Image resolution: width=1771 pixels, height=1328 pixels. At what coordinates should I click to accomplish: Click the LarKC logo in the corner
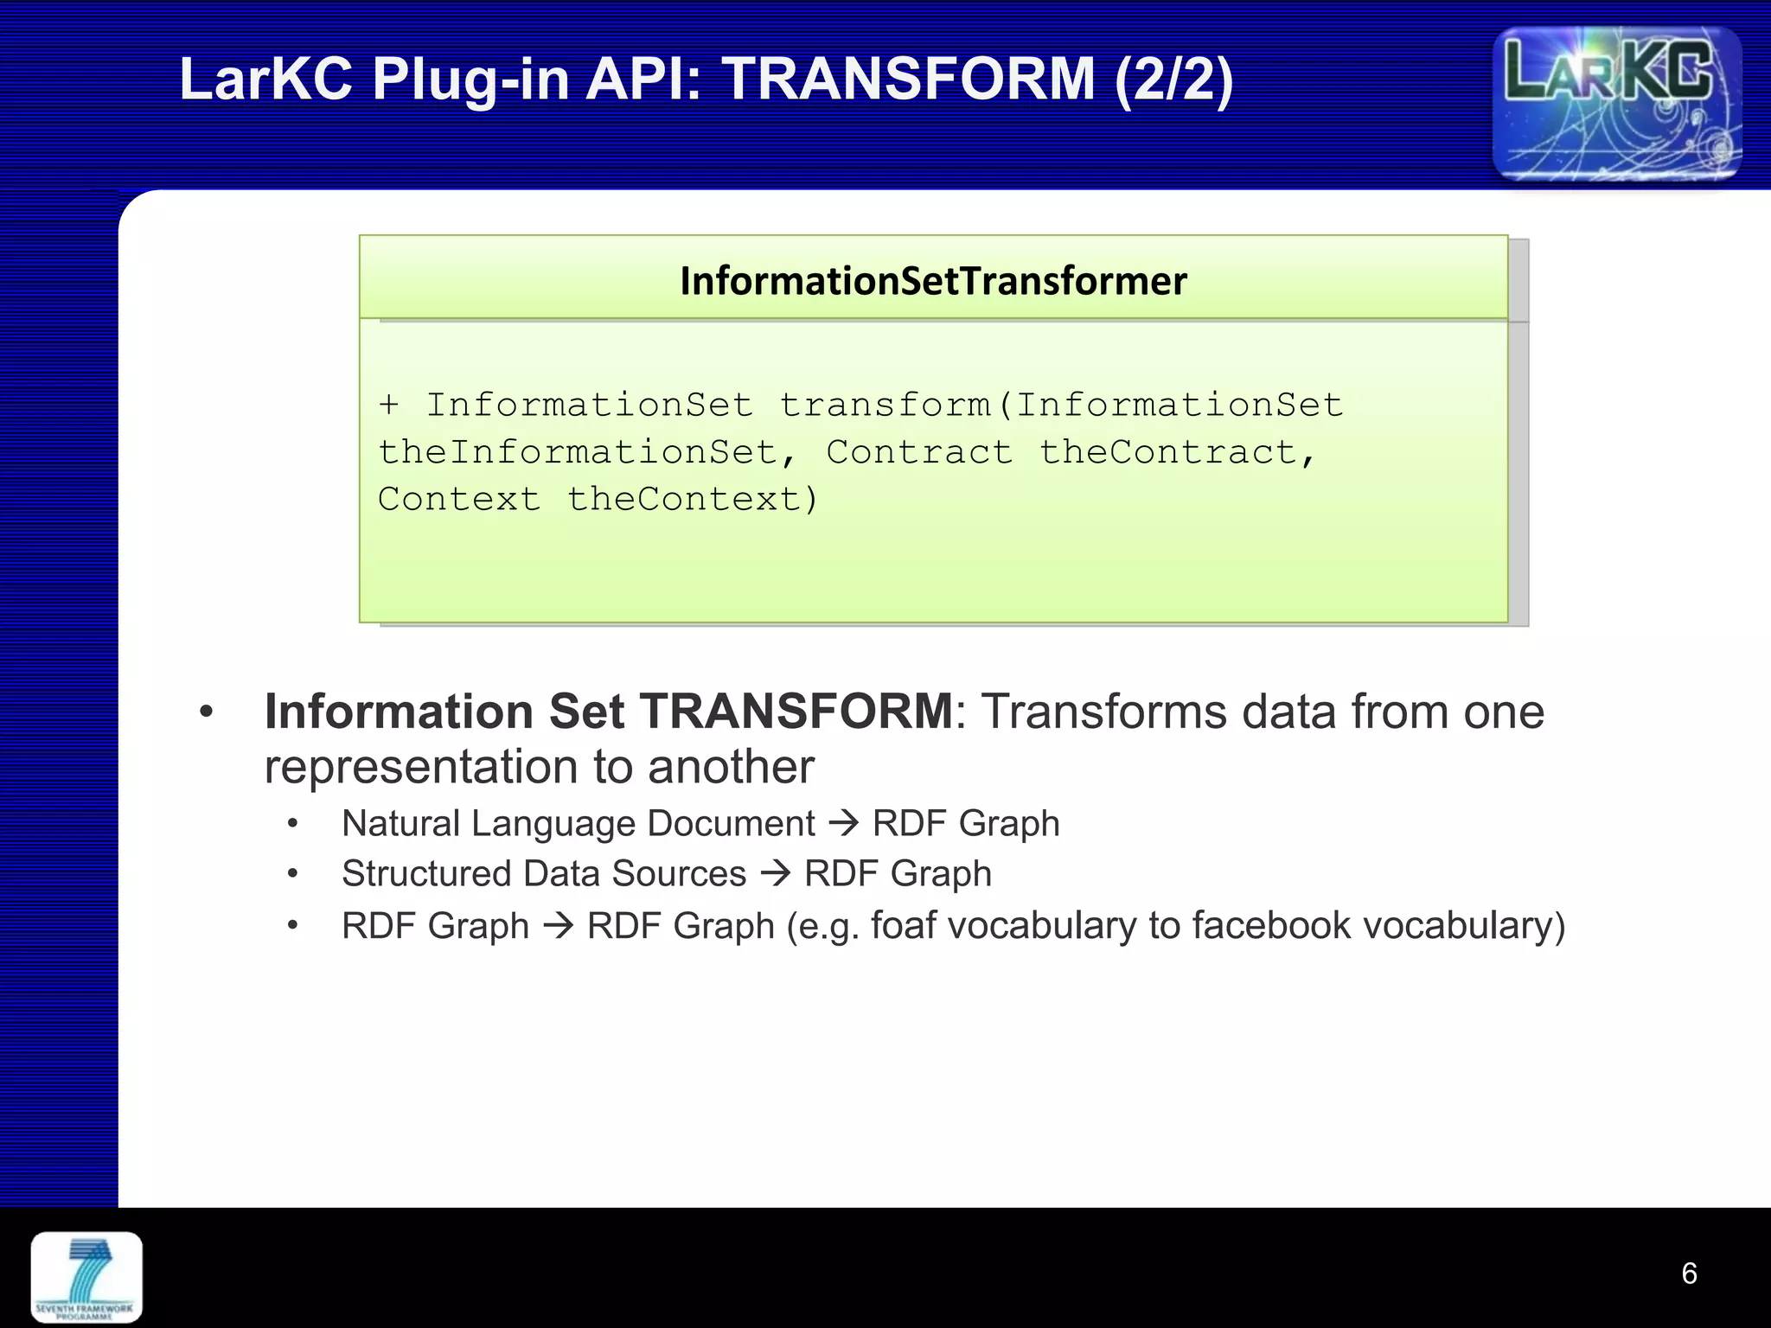(x=1616, y=104)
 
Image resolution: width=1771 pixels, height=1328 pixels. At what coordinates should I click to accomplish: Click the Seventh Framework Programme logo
(x=86, y=1277)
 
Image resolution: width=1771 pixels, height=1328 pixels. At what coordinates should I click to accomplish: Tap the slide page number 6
(x=1689, y=1274)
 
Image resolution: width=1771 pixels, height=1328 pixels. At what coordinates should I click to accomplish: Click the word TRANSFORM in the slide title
(x=908, y=80)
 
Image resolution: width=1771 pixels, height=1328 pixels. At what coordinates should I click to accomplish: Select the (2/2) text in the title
(x=1173, y=80)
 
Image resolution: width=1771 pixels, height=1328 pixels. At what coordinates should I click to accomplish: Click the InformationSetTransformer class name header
(x=933, y=281)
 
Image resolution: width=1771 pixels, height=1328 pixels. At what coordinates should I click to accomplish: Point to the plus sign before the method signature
(x=389, y=405)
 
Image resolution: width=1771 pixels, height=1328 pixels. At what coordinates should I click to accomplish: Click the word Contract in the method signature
(x=918, y=452)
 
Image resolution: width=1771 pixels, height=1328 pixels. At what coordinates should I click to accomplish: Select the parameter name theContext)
(x=692, y=500)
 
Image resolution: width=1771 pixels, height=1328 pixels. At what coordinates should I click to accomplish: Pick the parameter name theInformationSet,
(x=588, y=452)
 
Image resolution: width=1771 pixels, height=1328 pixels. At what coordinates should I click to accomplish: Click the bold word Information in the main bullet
(x=399, y=712)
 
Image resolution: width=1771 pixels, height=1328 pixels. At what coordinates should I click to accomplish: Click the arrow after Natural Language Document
(x=843, y=822)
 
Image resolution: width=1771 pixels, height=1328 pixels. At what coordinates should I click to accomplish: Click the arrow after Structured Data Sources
(x=776, y=873)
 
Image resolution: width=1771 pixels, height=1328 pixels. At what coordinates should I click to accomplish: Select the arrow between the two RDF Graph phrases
(x=559, y=926)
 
